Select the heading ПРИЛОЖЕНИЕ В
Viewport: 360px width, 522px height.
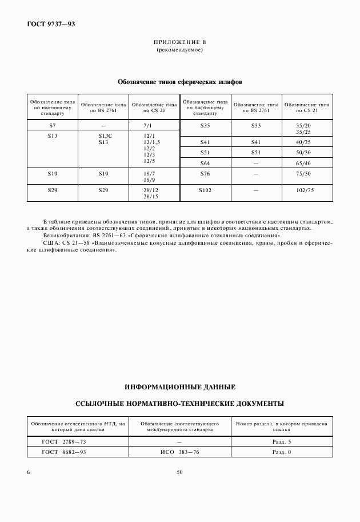pyautogui.click(x=180, y=43)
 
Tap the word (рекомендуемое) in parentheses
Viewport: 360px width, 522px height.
pyautogui.click(x=180, y=50)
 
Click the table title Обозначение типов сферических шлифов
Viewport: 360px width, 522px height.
pyautogui.click(x=180, y=82)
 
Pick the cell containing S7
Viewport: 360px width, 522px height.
pyautogui.click(x=53, y=125)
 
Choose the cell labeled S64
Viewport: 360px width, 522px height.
pyautogui.click(x=205, y=164)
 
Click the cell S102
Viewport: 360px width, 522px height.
pyautogui.click(x=205, y=190)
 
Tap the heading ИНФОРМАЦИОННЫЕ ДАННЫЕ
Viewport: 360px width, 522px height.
pyautogui.click(x=180, y=387)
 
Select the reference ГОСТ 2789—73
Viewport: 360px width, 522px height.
pyautogui.click(x=65, y=442)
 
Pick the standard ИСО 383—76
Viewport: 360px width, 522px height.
pyautogui.click(x=179, y=452)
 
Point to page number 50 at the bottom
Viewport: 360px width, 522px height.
pyautogui.click(x=180, y=472)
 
